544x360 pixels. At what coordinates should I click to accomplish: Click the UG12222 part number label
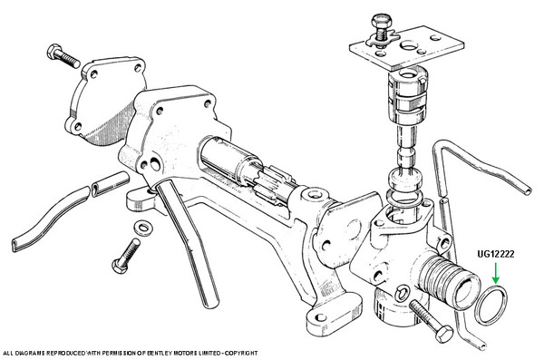(x=495, y=254)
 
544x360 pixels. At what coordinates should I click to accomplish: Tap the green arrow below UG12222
(x=496, y=273)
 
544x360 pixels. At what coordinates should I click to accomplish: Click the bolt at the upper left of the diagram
(x=63, y=56)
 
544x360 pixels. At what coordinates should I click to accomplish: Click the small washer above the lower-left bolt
(x=142, y=228)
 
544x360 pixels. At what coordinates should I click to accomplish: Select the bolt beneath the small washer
(x=126, y=256)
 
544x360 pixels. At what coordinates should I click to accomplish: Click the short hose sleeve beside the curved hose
(x=111, y=183)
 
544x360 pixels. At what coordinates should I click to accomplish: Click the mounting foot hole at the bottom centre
(x=321, y=317)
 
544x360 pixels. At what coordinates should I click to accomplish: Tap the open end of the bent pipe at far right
(x=527, y=190)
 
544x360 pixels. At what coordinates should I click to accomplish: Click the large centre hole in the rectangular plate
(x=409, y=45)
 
